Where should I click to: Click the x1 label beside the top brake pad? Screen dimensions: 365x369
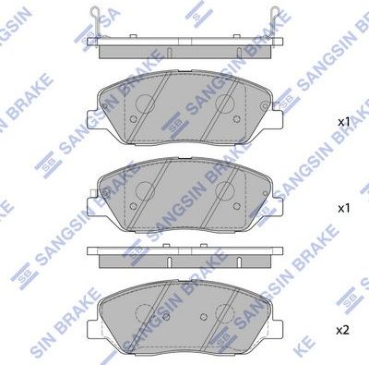click(x=343, y=122)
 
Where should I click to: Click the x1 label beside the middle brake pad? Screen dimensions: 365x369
click(x=343, y=210)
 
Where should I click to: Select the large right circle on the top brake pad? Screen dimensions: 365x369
click(x=223, y=103)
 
